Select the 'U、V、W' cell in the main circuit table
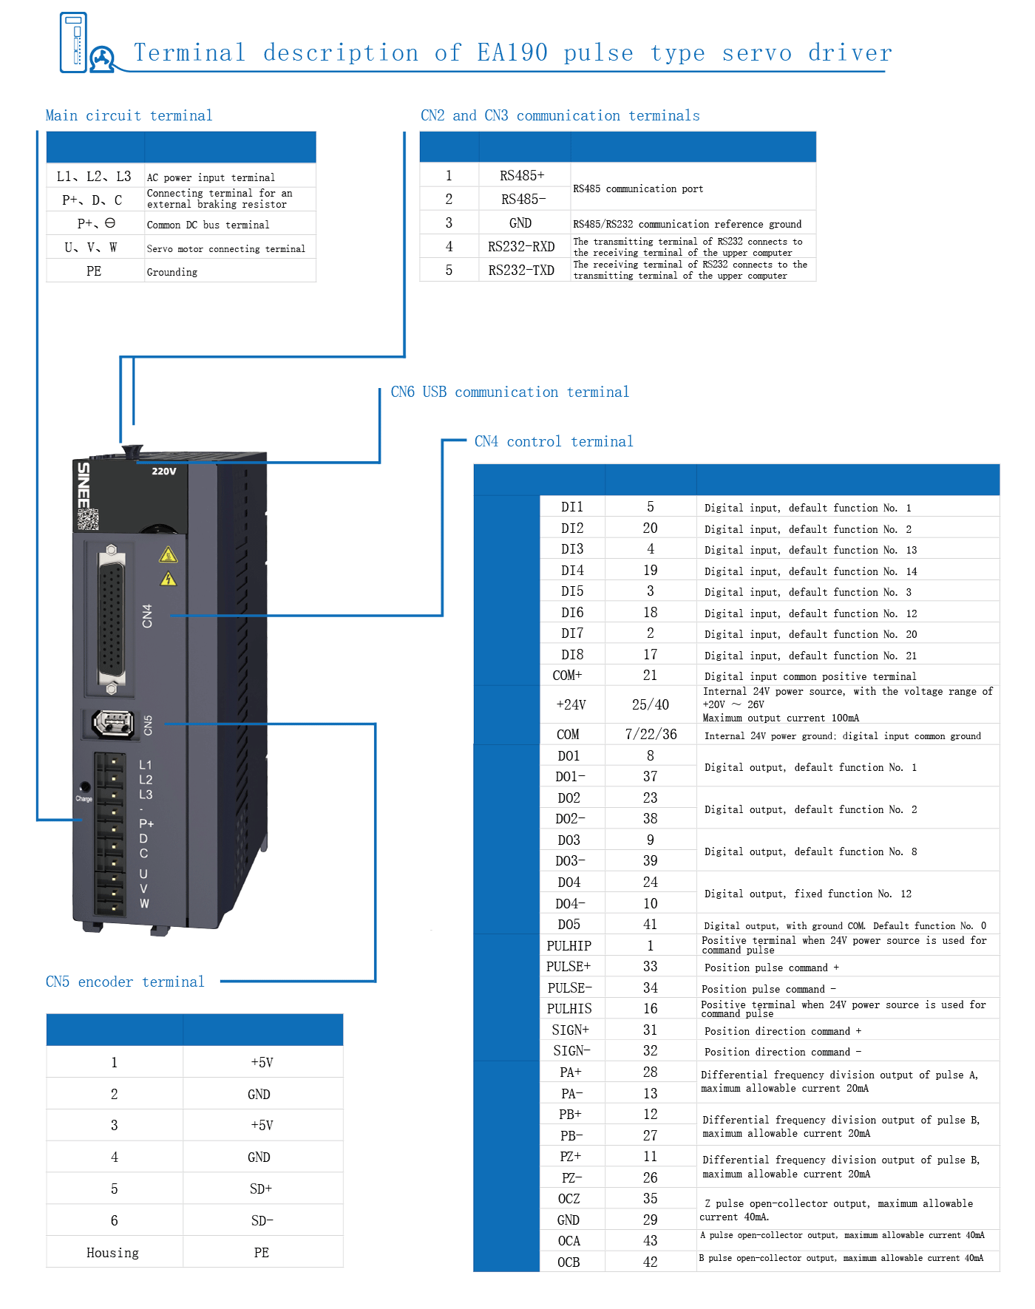point(92,248)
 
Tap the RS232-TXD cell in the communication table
point(521,271)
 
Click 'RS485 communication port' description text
point(637,188)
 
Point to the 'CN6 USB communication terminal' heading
point(509,392)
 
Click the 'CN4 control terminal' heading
point(553,442)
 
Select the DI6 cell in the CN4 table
point(571,613)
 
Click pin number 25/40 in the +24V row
point(650,705)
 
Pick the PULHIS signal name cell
point(569,1009)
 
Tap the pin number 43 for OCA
point(650,1241)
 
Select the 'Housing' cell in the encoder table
point(113,1253)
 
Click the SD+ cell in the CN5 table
point(261,1189)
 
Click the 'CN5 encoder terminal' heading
point(125,982)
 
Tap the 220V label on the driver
point(164,472)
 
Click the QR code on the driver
point(88,520)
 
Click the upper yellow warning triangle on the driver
point(168,555)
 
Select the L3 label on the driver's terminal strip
point(146,795)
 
